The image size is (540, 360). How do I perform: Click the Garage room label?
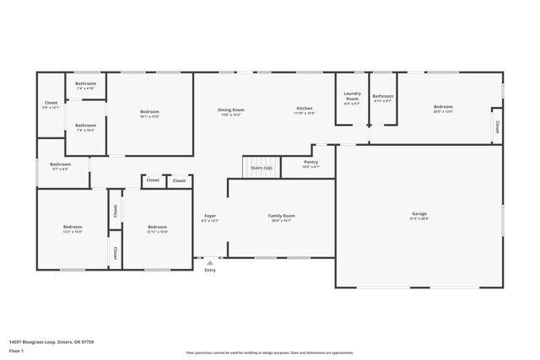[x=419, y=215]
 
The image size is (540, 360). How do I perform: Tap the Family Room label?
[x=283, y=215]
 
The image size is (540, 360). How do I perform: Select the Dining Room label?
[x=231, y=110]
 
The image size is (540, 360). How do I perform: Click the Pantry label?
[x=310, y=162]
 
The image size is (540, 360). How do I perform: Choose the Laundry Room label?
[x=352, y=99]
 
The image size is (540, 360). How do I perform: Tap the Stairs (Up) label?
[x=261, y=168]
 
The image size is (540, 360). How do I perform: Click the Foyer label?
[x=210, y=215]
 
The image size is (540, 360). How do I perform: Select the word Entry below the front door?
[x=210, y=270]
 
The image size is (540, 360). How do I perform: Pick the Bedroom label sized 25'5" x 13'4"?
[x=443, y=107]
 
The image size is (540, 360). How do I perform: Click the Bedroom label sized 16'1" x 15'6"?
[x=149, y=112]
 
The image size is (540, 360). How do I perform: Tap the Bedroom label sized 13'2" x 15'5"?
[x=73, y=227]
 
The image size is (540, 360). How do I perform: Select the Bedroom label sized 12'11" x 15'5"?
[x=158, y=227]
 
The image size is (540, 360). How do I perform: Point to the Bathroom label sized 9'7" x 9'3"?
[x=60, y=164]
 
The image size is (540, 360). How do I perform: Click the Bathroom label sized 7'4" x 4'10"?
[x=85, y=83]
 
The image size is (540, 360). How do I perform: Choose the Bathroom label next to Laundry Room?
[x=383, y=97]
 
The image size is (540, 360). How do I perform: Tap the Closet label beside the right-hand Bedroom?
[x=497, y=126]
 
